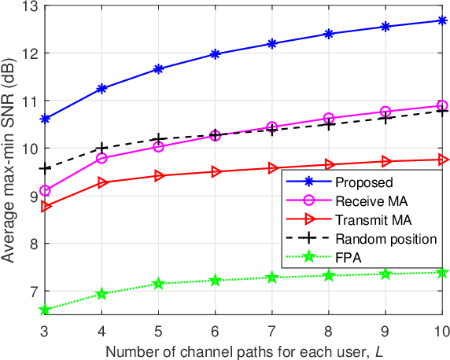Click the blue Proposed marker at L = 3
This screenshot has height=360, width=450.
[45, 119]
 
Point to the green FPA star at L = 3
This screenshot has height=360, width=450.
[45, 310]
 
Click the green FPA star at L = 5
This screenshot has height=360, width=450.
[159, 284]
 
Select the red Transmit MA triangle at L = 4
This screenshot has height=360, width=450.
[102, 182]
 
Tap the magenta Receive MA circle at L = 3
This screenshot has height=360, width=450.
[45, 191]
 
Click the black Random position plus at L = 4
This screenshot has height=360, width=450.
[101, 148]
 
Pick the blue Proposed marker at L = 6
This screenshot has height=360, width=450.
[216, 54]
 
